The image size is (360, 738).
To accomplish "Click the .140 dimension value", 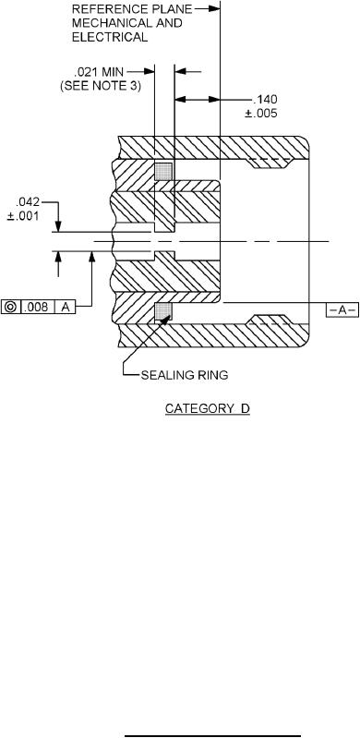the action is pyautogui.click(x=265, y=100).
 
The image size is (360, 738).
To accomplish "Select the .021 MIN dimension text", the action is pyautogui.click(x=99, y=72).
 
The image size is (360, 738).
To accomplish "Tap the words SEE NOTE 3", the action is pyautogui.click(x=101, y=86).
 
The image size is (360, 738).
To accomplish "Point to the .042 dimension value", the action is pyautogui.click(x=29, y=202).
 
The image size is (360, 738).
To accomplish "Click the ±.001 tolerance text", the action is pyautogui.click(x=22, y=216).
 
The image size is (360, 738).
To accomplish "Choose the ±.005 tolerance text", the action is pyautogui.click(x=260, y=114).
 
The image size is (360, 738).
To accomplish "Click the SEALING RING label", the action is pyautogui.click(x=185, y=375).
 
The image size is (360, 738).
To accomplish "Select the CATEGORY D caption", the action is pyautogui.click(x=208, y=408).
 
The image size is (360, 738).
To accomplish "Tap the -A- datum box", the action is pyautogui.click(x=342, y=309).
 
